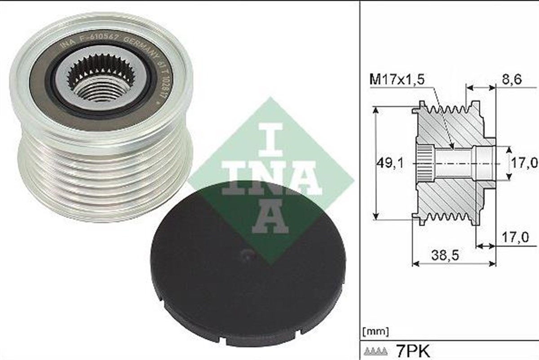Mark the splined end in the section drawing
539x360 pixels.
[424, 163]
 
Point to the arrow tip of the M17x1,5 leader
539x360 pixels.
[454, 148]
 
